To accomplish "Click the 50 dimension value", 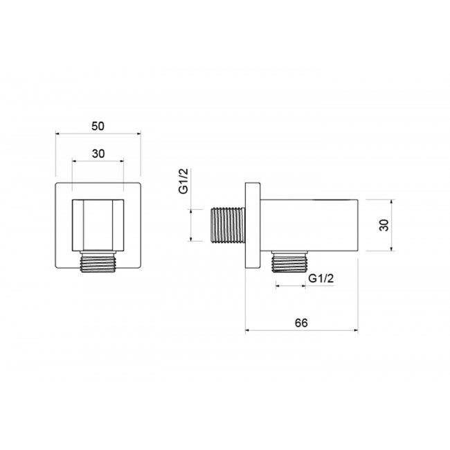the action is [x=98, y=126].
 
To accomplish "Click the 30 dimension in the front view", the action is [x=98, y=154].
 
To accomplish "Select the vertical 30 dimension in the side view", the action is [x=384, y=225].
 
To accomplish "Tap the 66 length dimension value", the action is [x=301, y=323].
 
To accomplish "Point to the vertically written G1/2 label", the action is [x=183, y=181].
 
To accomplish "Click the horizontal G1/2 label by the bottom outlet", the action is [x=321, y=278].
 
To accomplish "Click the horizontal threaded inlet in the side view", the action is [x=228, y=225].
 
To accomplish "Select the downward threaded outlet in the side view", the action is [x=289, y=262].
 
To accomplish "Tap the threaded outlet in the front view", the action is [x=98, y=262].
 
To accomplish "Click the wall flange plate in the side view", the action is [x=253, y=226].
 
